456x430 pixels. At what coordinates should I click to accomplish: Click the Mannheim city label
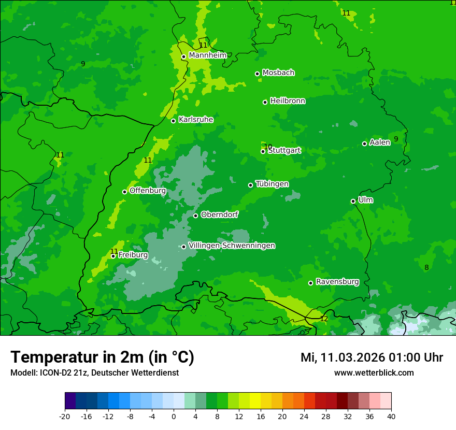[207, 55]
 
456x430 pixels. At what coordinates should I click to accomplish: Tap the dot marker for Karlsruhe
[174, 121]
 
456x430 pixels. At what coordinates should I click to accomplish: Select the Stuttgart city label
[284, 151]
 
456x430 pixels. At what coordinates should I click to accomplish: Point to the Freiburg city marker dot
[113, 256]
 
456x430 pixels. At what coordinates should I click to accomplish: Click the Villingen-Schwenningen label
[232, 246]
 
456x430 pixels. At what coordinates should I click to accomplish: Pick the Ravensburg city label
[337, 282]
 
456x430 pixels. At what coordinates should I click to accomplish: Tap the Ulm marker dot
[353, 201]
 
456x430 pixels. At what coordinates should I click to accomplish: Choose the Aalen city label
[380, 142]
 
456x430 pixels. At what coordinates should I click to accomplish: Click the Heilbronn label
[288, 101]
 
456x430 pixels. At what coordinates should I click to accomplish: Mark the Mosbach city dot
[257, 74]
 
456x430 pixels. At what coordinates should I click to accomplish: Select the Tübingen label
[272, 184]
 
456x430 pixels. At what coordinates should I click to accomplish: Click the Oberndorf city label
[220, 214]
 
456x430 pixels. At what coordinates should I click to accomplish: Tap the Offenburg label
[148, 191]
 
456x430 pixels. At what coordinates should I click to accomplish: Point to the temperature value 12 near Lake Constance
[324, 319]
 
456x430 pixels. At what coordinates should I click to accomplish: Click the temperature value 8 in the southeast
[426, 267]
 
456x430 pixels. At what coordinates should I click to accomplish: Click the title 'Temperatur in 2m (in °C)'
[102, 357]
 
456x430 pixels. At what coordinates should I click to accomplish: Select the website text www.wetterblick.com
[374, 372]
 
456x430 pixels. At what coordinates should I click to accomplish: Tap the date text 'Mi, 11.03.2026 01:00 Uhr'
[372, 357]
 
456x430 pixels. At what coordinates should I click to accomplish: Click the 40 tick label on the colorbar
[391, 416]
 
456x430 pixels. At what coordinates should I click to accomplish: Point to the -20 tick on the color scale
[65, 416]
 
